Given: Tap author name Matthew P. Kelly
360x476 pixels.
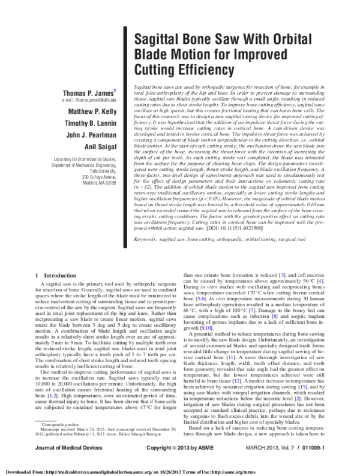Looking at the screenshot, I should point(91,112).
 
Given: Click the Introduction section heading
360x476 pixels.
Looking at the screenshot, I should point(51,275).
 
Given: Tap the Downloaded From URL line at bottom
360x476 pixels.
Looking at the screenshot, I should point(180,472).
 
